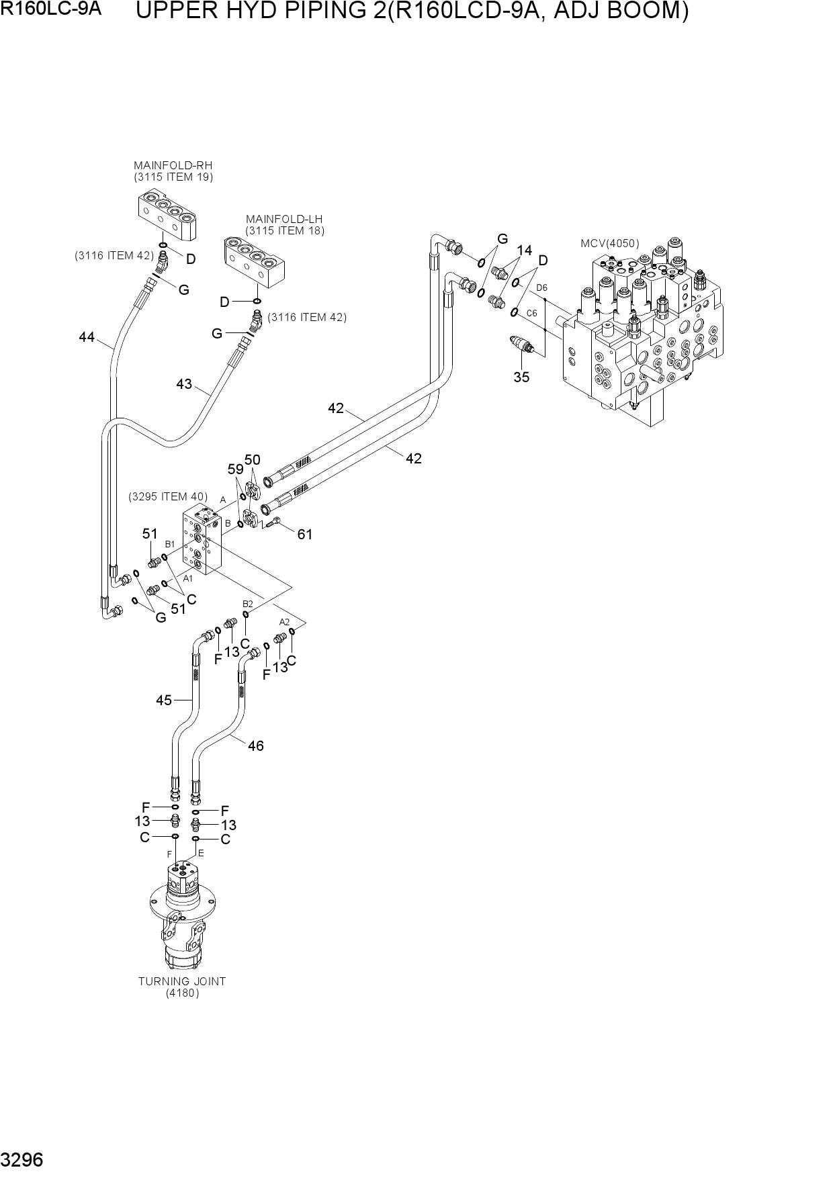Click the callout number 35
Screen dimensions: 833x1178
tap(521, 377)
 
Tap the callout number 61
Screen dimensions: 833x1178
tap(305, 535)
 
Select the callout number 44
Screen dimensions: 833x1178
tap(87, 337)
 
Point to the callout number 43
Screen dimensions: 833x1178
tap(184, 384)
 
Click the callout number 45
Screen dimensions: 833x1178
tap(164, 700)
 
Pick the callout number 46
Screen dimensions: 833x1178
tap(256, 745)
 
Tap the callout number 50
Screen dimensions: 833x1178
tap(252, 460)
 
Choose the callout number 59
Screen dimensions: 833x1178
tap(235, 469)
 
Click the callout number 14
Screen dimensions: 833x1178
tap(524, 251)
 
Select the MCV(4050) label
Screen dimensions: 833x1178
tap(610, 243)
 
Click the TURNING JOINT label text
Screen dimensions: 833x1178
tap(182, 981)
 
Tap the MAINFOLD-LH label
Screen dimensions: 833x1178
tap(284, 219)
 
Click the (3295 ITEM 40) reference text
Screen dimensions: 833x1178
tap(168, 497)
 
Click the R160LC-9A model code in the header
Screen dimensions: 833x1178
tap(51, 9)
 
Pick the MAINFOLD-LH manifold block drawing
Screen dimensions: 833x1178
tap(256, 259)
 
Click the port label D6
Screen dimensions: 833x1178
tap(541, 288)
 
